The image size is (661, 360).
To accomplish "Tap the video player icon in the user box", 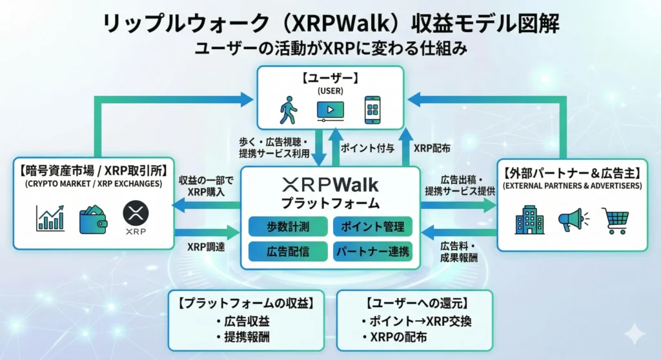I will (330, 111).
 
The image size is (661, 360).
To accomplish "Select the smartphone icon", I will (372, 110).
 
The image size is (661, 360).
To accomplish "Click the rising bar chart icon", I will (50, 217).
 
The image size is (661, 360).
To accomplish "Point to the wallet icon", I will (93, 219).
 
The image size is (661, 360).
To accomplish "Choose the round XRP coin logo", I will (136, 214).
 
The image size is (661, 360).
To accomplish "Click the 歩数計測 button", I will (287, 226).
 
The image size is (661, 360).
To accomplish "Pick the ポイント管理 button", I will (372, 226).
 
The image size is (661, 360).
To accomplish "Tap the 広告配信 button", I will (287, 251).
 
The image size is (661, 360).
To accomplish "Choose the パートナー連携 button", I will (372, 251).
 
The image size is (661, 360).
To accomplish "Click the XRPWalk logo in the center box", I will (330, 185).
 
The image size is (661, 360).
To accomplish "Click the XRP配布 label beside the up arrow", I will (432, 148).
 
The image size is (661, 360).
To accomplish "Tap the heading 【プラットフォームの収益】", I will (245, 302).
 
